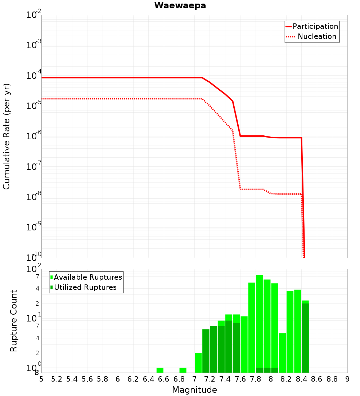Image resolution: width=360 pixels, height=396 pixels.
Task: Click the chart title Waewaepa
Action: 180,5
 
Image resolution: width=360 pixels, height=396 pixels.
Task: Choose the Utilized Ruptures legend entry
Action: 85,287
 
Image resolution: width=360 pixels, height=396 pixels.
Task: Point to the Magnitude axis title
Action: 194,390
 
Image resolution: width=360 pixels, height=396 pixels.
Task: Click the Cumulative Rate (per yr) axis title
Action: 6,136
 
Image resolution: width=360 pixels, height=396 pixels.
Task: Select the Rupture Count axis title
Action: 14,321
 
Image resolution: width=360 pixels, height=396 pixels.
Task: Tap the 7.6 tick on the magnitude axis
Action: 240,379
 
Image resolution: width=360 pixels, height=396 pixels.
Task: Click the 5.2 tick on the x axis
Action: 57,379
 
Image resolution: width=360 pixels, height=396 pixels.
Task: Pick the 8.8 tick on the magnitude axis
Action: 332,379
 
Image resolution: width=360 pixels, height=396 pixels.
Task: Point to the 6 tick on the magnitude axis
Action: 118,379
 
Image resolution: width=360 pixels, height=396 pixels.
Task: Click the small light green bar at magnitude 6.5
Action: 160,370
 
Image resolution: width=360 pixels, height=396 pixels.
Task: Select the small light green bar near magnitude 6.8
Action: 183,370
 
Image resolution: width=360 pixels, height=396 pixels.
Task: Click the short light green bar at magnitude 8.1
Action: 282,353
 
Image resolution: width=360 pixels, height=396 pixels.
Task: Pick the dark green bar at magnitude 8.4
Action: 305,338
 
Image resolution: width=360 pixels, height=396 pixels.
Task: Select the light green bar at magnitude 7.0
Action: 198,363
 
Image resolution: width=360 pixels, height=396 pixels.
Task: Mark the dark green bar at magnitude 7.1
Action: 206,351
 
